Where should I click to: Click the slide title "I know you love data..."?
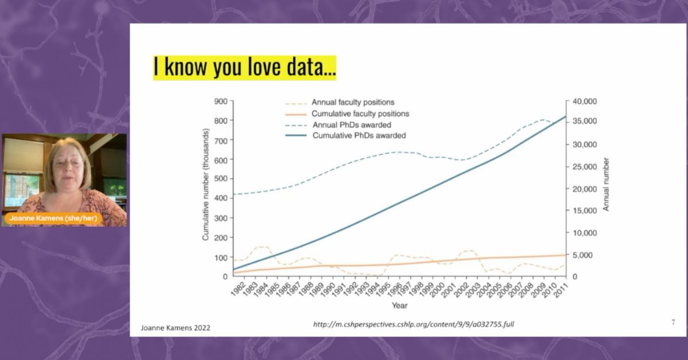click(244, 66)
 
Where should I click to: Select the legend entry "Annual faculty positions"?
click(353, 103)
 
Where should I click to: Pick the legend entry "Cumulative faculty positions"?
click(360, 114)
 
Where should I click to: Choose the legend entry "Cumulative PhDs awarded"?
click(359, 136)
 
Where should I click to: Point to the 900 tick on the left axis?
click(221, 101)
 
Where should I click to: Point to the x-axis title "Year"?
click(400, 306)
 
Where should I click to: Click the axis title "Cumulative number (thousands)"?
click(205, 184)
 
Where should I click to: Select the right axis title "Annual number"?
click(606, 184)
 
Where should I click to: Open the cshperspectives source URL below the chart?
click(413, 324)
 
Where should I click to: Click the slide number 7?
click(673, 323)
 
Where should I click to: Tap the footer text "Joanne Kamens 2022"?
click(175, 328)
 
